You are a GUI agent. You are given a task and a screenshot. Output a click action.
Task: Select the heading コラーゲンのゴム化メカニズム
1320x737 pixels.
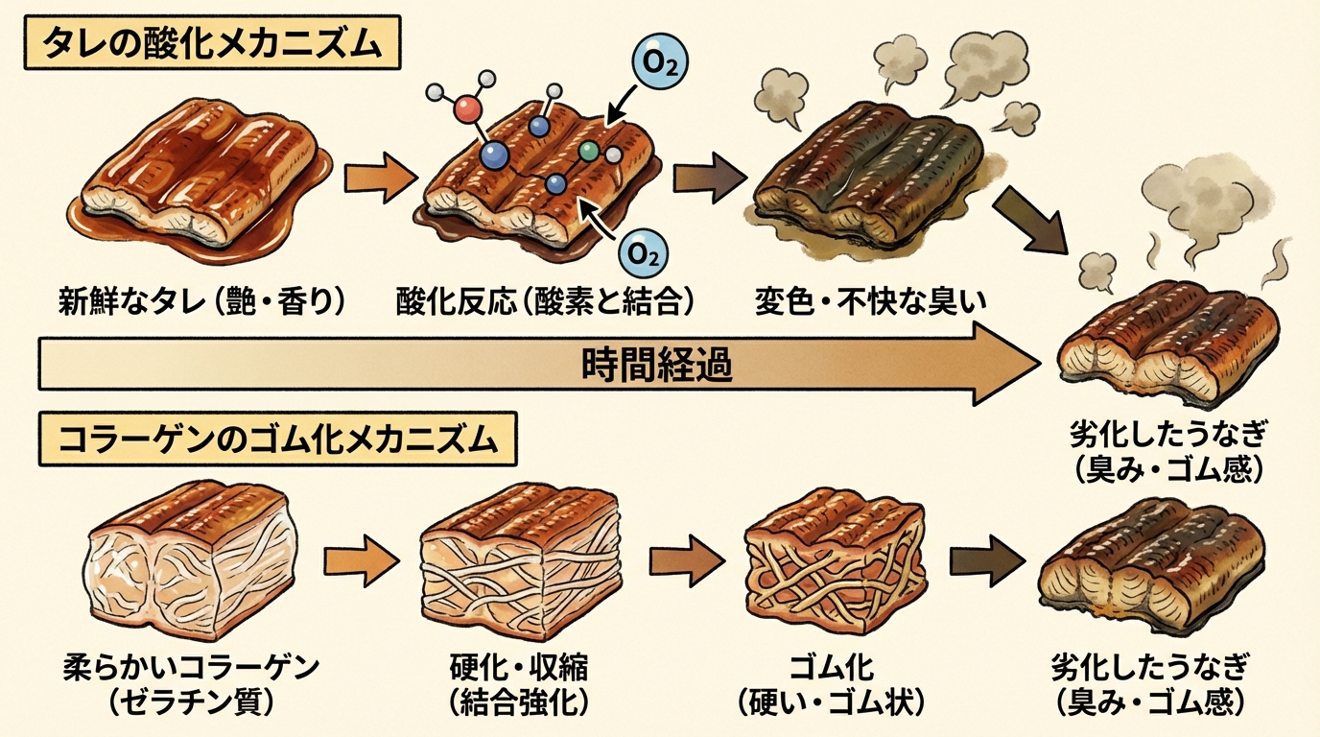tap(277, 441)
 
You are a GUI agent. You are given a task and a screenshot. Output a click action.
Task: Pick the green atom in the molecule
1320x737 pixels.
tap(589, 151)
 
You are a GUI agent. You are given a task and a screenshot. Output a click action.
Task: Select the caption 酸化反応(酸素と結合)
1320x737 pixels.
tap(545, 302)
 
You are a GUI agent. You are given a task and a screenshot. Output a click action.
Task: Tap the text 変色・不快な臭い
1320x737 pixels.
tap(871, 302)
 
